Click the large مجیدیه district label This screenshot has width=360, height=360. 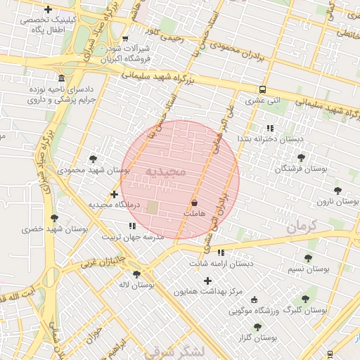pyautogui.click(x=166, y=172)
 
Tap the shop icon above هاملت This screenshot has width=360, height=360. pyautogui.click(x=193, y=202)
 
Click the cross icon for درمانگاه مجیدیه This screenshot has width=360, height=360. pyautogui.click(x=114, y=194)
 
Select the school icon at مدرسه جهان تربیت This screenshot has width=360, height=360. pyautogui.click(x=131, y=226)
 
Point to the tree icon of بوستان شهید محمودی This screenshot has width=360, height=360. pyautogui.click(x=94, y=159)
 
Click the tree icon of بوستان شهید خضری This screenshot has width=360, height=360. pyautogui.click(x=55, y=219)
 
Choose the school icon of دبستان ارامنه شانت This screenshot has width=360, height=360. pyautogui.click(x=221, y=252)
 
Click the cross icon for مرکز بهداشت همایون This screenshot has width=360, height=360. pyautogui.click(x=207, y=281)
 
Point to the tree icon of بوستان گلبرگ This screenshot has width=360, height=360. pyautogui.click(x=304, y=299)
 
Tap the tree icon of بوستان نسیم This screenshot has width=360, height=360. pyautogui.click(x=308, y=258)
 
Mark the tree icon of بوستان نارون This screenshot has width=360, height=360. pyautogui.click(x=337, y=191)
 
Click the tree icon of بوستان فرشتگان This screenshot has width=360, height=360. pyautogui.click(x=301, y=157)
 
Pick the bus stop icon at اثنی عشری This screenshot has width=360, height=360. pyautogui.click(x=262, y=90)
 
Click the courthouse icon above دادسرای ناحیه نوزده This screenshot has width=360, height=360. pyautogui.click(x=62, y=78)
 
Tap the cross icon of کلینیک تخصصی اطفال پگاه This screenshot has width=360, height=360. pyautogui.click(x=48, y=10)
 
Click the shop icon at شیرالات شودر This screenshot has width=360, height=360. pyautogui.click(x=125, y=39)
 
